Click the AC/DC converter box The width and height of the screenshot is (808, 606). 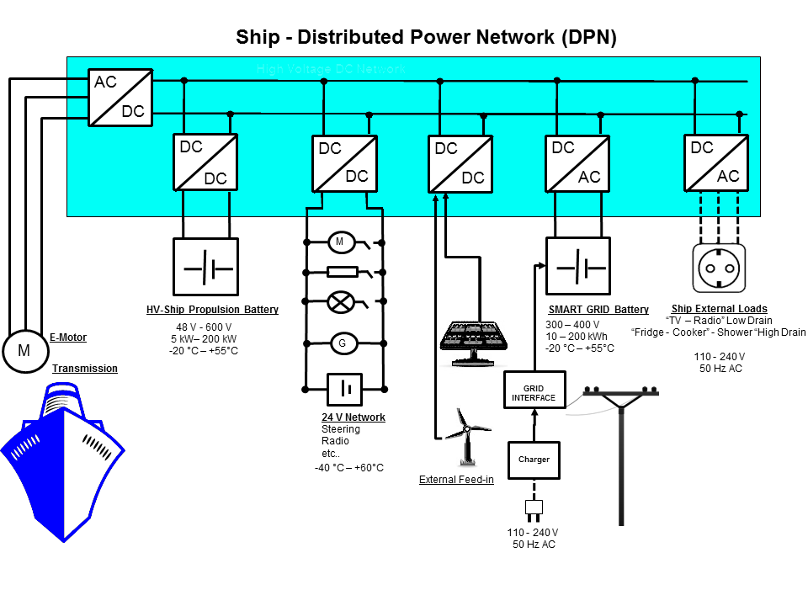point(120,97)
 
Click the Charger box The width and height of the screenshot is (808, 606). point(534,460)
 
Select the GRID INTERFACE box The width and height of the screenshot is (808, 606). point(534,392)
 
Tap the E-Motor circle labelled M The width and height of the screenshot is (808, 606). point(24,351)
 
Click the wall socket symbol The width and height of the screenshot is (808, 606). point(720,268)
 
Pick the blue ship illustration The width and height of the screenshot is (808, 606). point(64,459)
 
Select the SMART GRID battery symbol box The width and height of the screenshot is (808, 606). point(578,266)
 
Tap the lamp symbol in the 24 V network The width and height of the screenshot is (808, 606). point(341,300)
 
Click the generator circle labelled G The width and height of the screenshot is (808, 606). point(342,343)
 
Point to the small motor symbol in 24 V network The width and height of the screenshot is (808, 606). point(340,242)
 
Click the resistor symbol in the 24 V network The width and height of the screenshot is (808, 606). point(342,272)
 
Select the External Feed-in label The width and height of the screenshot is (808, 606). point(456,480)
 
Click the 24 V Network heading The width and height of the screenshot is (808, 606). point(353,417)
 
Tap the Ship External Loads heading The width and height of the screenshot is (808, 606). point(719,309)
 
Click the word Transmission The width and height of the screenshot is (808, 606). point(85,369)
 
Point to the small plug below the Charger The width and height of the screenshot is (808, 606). point(534,509)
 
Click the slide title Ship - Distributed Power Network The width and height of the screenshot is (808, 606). point(426,37)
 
